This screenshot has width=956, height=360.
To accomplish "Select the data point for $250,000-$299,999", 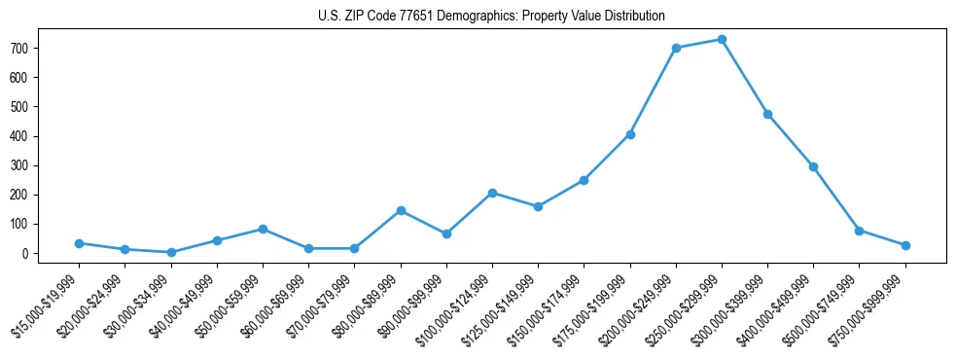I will pos(722,40).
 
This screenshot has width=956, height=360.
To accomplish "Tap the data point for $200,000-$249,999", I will pos(676,48).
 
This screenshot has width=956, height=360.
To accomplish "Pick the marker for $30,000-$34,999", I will pos(171,252).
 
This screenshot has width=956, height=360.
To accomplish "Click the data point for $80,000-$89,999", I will pos(401,210).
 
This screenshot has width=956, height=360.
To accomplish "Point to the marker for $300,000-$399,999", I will pos(767,114).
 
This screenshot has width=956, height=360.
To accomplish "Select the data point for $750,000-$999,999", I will pos(905,245).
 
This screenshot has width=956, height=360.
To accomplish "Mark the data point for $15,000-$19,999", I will pos(79,243).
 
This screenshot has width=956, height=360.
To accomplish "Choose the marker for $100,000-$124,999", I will pos(492,193).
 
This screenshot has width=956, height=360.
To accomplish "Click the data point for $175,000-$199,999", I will pos(630,134).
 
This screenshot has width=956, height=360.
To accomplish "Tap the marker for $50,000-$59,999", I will pos(263,229).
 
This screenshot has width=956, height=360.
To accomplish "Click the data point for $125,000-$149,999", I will pos(538,206).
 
